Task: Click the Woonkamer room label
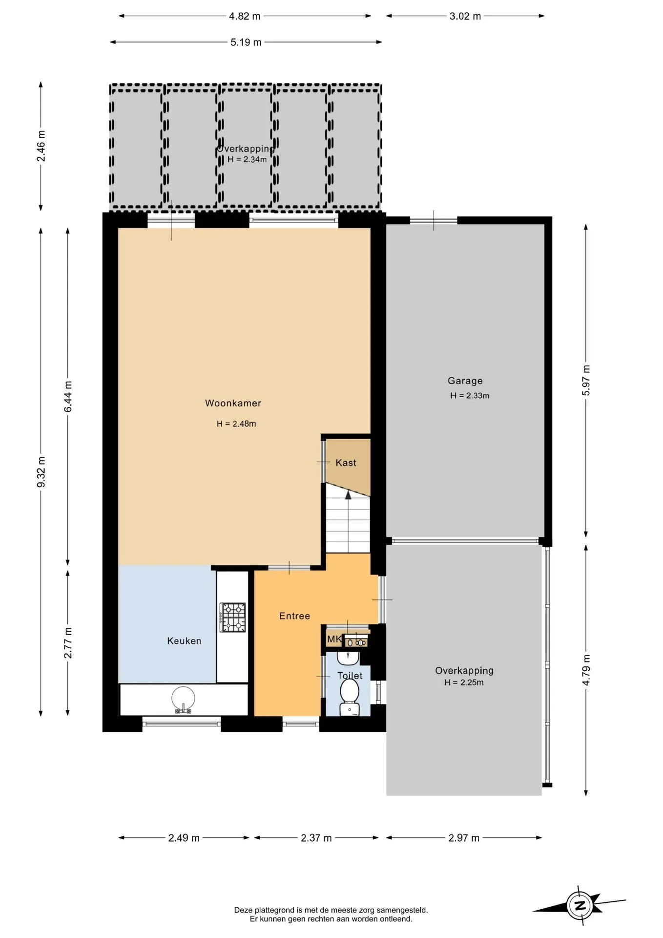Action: point(233,403)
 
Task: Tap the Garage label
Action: point(465,381)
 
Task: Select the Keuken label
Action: point(184,641)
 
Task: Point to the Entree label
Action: point(294,616)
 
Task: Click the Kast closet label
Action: point(346,463)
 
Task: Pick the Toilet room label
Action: point(350,676)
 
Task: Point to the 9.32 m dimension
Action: point(41,472)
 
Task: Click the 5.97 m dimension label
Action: point(586,381)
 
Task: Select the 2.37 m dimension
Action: point(316,838)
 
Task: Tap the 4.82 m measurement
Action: point(245,16)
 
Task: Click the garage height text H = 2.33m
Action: point(470,396)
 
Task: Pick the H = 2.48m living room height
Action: point(236,424)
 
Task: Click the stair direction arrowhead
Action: point(348,495)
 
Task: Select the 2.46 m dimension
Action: point(41,146)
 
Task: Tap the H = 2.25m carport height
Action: point(464,682)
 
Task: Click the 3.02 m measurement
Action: point(465,16)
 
